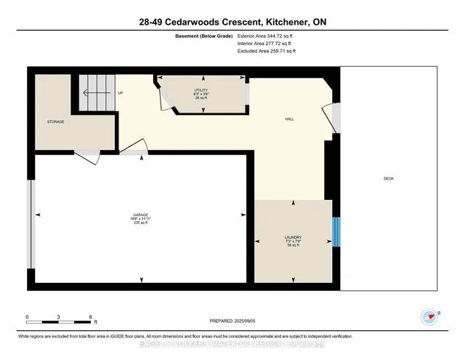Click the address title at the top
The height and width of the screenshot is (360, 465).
[232, 23]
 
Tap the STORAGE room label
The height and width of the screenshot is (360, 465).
[56, 121]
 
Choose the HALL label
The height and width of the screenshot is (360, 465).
[289, 119]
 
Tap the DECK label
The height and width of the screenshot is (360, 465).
[389, 179]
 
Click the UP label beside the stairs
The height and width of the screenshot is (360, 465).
[121, 93]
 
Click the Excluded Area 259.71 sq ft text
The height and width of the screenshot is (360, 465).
[267, 52]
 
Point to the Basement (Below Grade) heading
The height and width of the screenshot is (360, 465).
[203, 35]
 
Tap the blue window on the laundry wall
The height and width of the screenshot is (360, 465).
[336, 232]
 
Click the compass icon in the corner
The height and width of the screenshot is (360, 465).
[430, 316]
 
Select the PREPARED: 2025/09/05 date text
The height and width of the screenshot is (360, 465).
[232, 321]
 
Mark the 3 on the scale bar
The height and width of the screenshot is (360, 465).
[59, 316]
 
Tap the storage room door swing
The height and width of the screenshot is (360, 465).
[87, 156]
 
